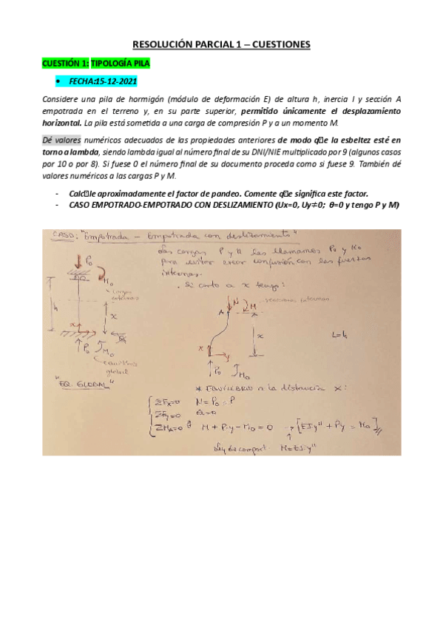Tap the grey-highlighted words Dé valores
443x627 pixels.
(x=62, y=140)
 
